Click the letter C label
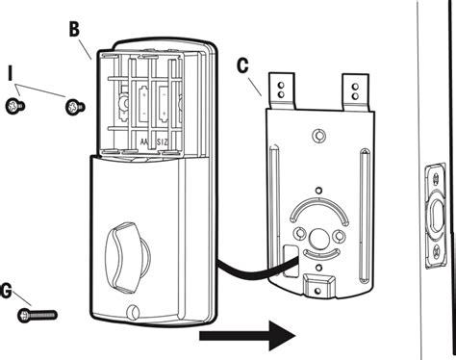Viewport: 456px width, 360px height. pyautogui.click(x=242, y=67)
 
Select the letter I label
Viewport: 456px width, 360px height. pyautogui.click(x=11, y=73)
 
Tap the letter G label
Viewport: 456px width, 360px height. pyautogui.click(x=9, y=290)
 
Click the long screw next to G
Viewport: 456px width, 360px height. pyautogui.click(x=39, y=314)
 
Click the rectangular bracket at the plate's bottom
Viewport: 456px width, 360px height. pyautogui.click(x=317, y=282)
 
